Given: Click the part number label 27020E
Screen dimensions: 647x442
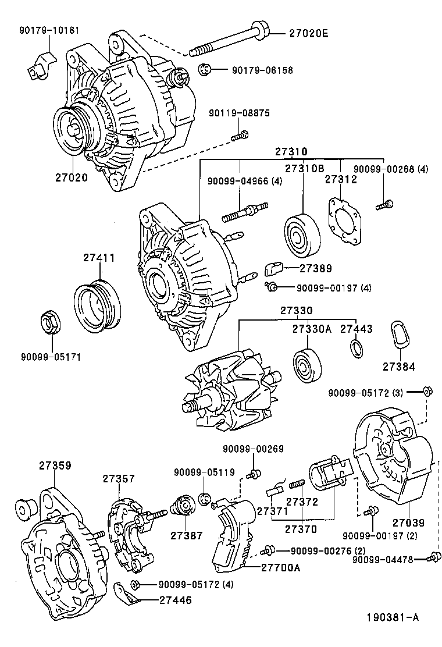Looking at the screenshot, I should [x=308, y=34].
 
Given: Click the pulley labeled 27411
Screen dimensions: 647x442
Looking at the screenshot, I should [x=98, y=304].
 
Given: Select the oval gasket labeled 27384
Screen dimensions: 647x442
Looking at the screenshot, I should [x=399, y=335].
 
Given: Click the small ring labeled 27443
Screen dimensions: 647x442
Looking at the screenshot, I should [x=355, y=348].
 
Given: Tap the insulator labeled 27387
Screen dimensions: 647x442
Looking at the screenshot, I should [x=186, y=506].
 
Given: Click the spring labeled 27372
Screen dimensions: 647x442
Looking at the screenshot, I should [x=297, y=484].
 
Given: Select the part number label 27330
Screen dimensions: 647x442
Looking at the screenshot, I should [x=297, y=311].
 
